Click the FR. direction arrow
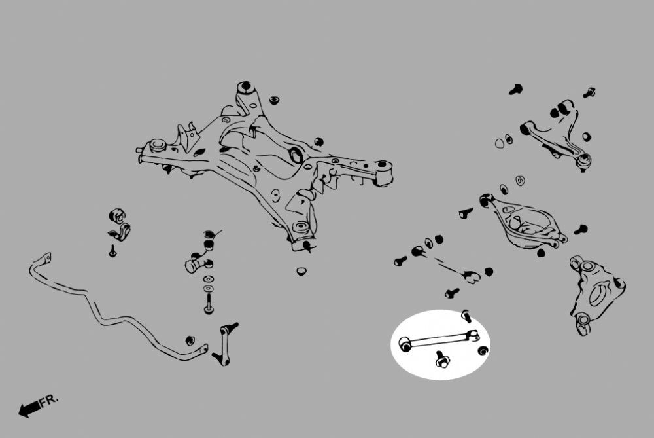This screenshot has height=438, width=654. (x=29, y=409)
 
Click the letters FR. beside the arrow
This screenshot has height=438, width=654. (x=49, y=400)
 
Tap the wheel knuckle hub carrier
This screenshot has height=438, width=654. (x=596, y=295)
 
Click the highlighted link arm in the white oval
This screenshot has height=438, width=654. (x=439, y=340)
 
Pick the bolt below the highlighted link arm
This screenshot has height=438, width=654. (x=441, y=359)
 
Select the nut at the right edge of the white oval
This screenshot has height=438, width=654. (x=483, y=350)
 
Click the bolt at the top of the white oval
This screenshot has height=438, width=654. (x=467, y=316)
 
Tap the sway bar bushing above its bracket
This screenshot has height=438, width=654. (x=117, y=216)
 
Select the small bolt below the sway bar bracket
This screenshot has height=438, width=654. (x=112, y=251)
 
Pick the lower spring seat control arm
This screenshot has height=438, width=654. (x=523, y=221)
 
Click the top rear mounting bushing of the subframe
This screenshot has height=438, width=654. (x=246, y=88)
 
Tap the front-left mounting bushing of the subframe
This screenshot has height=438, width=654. (x=158, y=145)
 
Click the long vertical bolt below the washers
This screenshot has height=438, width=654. (x=209, y=304)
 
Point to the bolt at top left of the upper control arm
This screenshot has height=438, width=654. (x=516, y=89)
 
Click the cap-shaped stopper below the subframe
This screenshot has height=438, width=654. (x=301, y=271)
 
